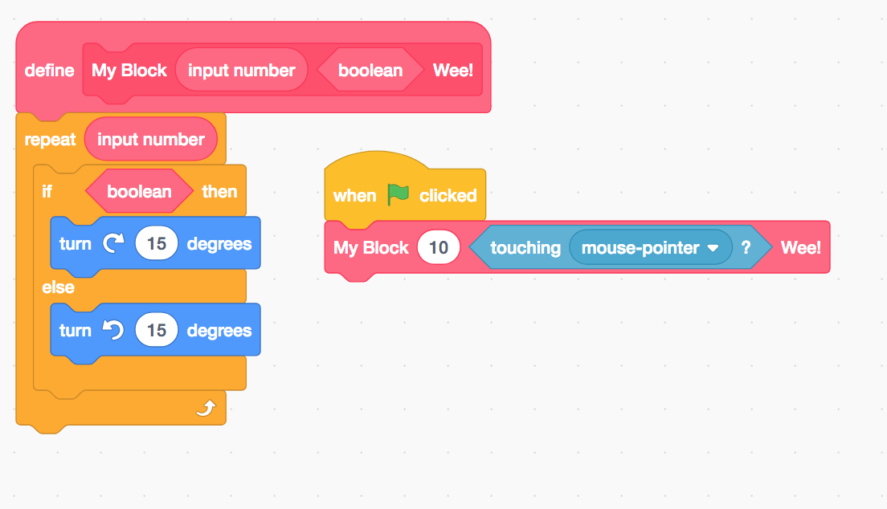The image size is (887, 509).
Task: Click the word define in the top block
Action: click(x=49, y=71)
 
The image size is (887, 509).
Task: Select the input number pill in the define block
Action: click(x=241, y=71)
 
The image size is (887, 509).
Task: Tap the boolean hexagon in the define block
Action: click(x=370, y=71)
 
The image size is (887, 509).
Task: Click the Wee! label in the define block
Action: click(x=453, y=71)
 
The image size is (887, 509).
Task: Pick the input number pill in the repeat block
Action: click(x=151, y=140)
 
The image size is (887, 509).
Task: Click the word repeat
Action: click(x=50, y=140)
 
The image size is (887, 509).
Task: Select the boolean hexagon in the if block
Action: click(x=139, y=191)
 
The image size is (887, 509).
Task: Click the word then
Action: click(x=219, y=192)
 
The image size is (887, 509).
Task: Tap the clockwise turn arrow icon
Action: click(x=113, y=244)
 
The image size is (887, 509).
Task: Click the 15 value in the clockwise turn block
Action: click(x=157, y=244)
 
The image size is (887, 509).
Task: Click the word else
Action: click(x=58, y=287)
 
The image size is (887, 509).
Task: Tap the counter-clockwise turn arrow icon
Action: click(x=113, y=331)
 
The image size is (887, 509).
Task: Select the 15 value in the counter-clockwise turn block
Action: click(x=157, y=331)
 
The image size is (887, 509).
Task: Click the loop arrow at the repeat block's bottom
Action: click(x=206, y=409)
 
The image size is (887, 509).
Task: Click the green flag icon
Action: click(x=398, y=194)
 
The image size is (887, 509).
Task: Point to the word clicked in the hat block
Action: click(x=448, y=196)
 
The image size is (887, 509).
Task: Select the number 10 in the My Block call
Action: click(x=438, y=248)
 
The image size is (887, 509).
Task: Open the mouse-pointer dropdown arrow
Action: click(x=712, y=249)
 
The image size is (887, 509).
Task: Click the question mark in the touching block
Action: click(x=746, y=248)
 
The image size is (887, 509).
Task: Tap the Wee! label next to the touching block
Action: click(x=801, y=248)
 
